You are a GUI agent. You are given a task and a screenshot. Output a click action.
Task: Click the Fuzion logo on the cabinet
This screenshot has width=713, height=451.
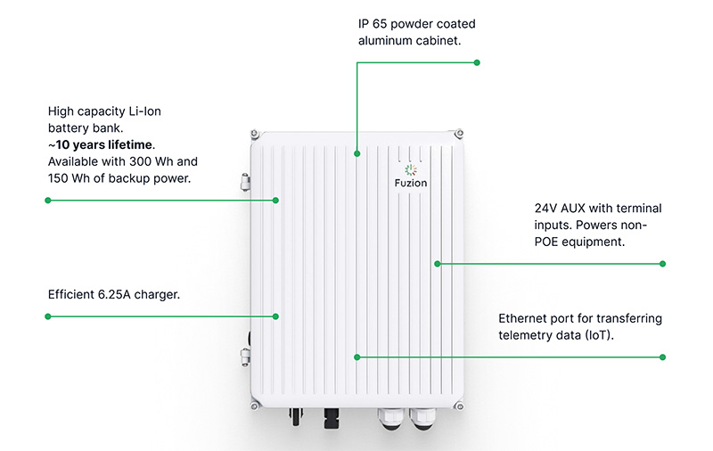411,176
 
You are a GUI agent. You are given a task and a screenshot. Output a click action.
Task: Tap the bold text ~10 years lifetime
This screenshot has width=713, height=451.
102,144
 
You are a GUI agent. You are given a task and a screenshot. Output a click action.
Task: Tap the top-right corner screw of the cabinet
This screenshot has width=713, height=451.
459,134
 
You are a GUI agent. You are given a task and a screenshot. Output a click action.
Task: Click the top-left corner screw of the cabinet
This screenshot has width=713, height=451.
255,134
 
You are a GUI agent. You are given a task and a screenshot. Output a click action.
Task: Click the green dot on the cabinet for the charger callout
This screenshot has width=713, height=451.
275,316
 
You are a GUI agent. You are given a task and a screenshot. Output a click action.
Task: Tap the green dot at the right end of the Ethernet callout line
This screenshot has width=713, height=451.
662,357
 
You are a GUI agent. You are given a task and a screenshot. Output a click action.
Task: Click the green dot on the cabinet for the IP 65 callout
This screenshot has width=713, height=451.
357,153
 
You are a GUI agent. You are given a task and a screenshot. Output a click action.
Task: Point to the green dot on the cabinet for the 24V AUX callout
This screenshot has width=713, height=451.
438,264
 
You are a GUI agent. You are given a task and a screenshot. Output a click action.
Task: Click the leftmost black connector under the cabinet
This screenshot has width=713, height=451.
296,416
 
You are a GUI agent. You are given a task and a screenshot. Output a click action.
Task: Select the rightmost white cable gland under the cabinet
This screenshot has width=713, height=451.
422,419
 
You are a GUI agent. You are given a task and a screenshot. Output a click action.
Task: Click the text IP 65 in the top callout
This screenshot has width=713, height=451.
373,24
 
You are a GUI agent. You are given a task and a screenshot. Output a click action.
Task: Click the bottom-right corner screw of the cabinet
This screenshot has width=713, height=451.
459,406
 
